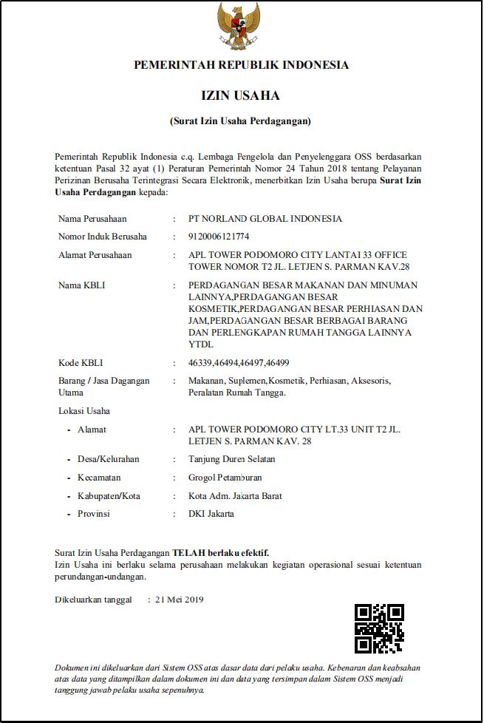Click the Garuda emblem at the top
(x=238, y=27)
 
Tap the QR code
(x=379, y=628)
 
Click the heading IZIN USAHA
(x=241, y=96)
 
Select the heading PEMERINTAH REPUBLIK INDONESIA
(x=241, y=65)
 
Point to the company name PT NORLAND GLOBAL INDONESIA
(x=265, y=219)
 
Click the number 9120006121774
(x=219, y=237)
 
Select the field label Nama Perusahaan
(x=92, y=219)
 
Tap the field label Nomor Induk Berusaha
(x=103, y=237)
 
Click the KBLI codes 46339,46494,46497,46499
(x=239, y=363)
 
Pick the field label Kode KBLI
(x=81, y=363)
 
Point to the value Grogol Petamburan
(x=225, y=478)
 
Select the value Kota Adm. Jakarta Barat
(x=236, y=495)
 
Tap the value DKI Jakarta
(x=211, y=514)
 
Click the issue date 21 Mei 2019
(x=180, y=600)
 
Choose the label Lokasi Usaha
(x=84, y=411)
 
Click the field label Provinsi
(x=94, y=514)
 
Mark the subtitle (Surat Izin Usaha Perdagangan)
(x=241, y=120)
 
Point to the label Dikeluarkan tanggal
(x=94, y=600)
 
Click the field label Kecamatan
(x=99, y=478)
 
